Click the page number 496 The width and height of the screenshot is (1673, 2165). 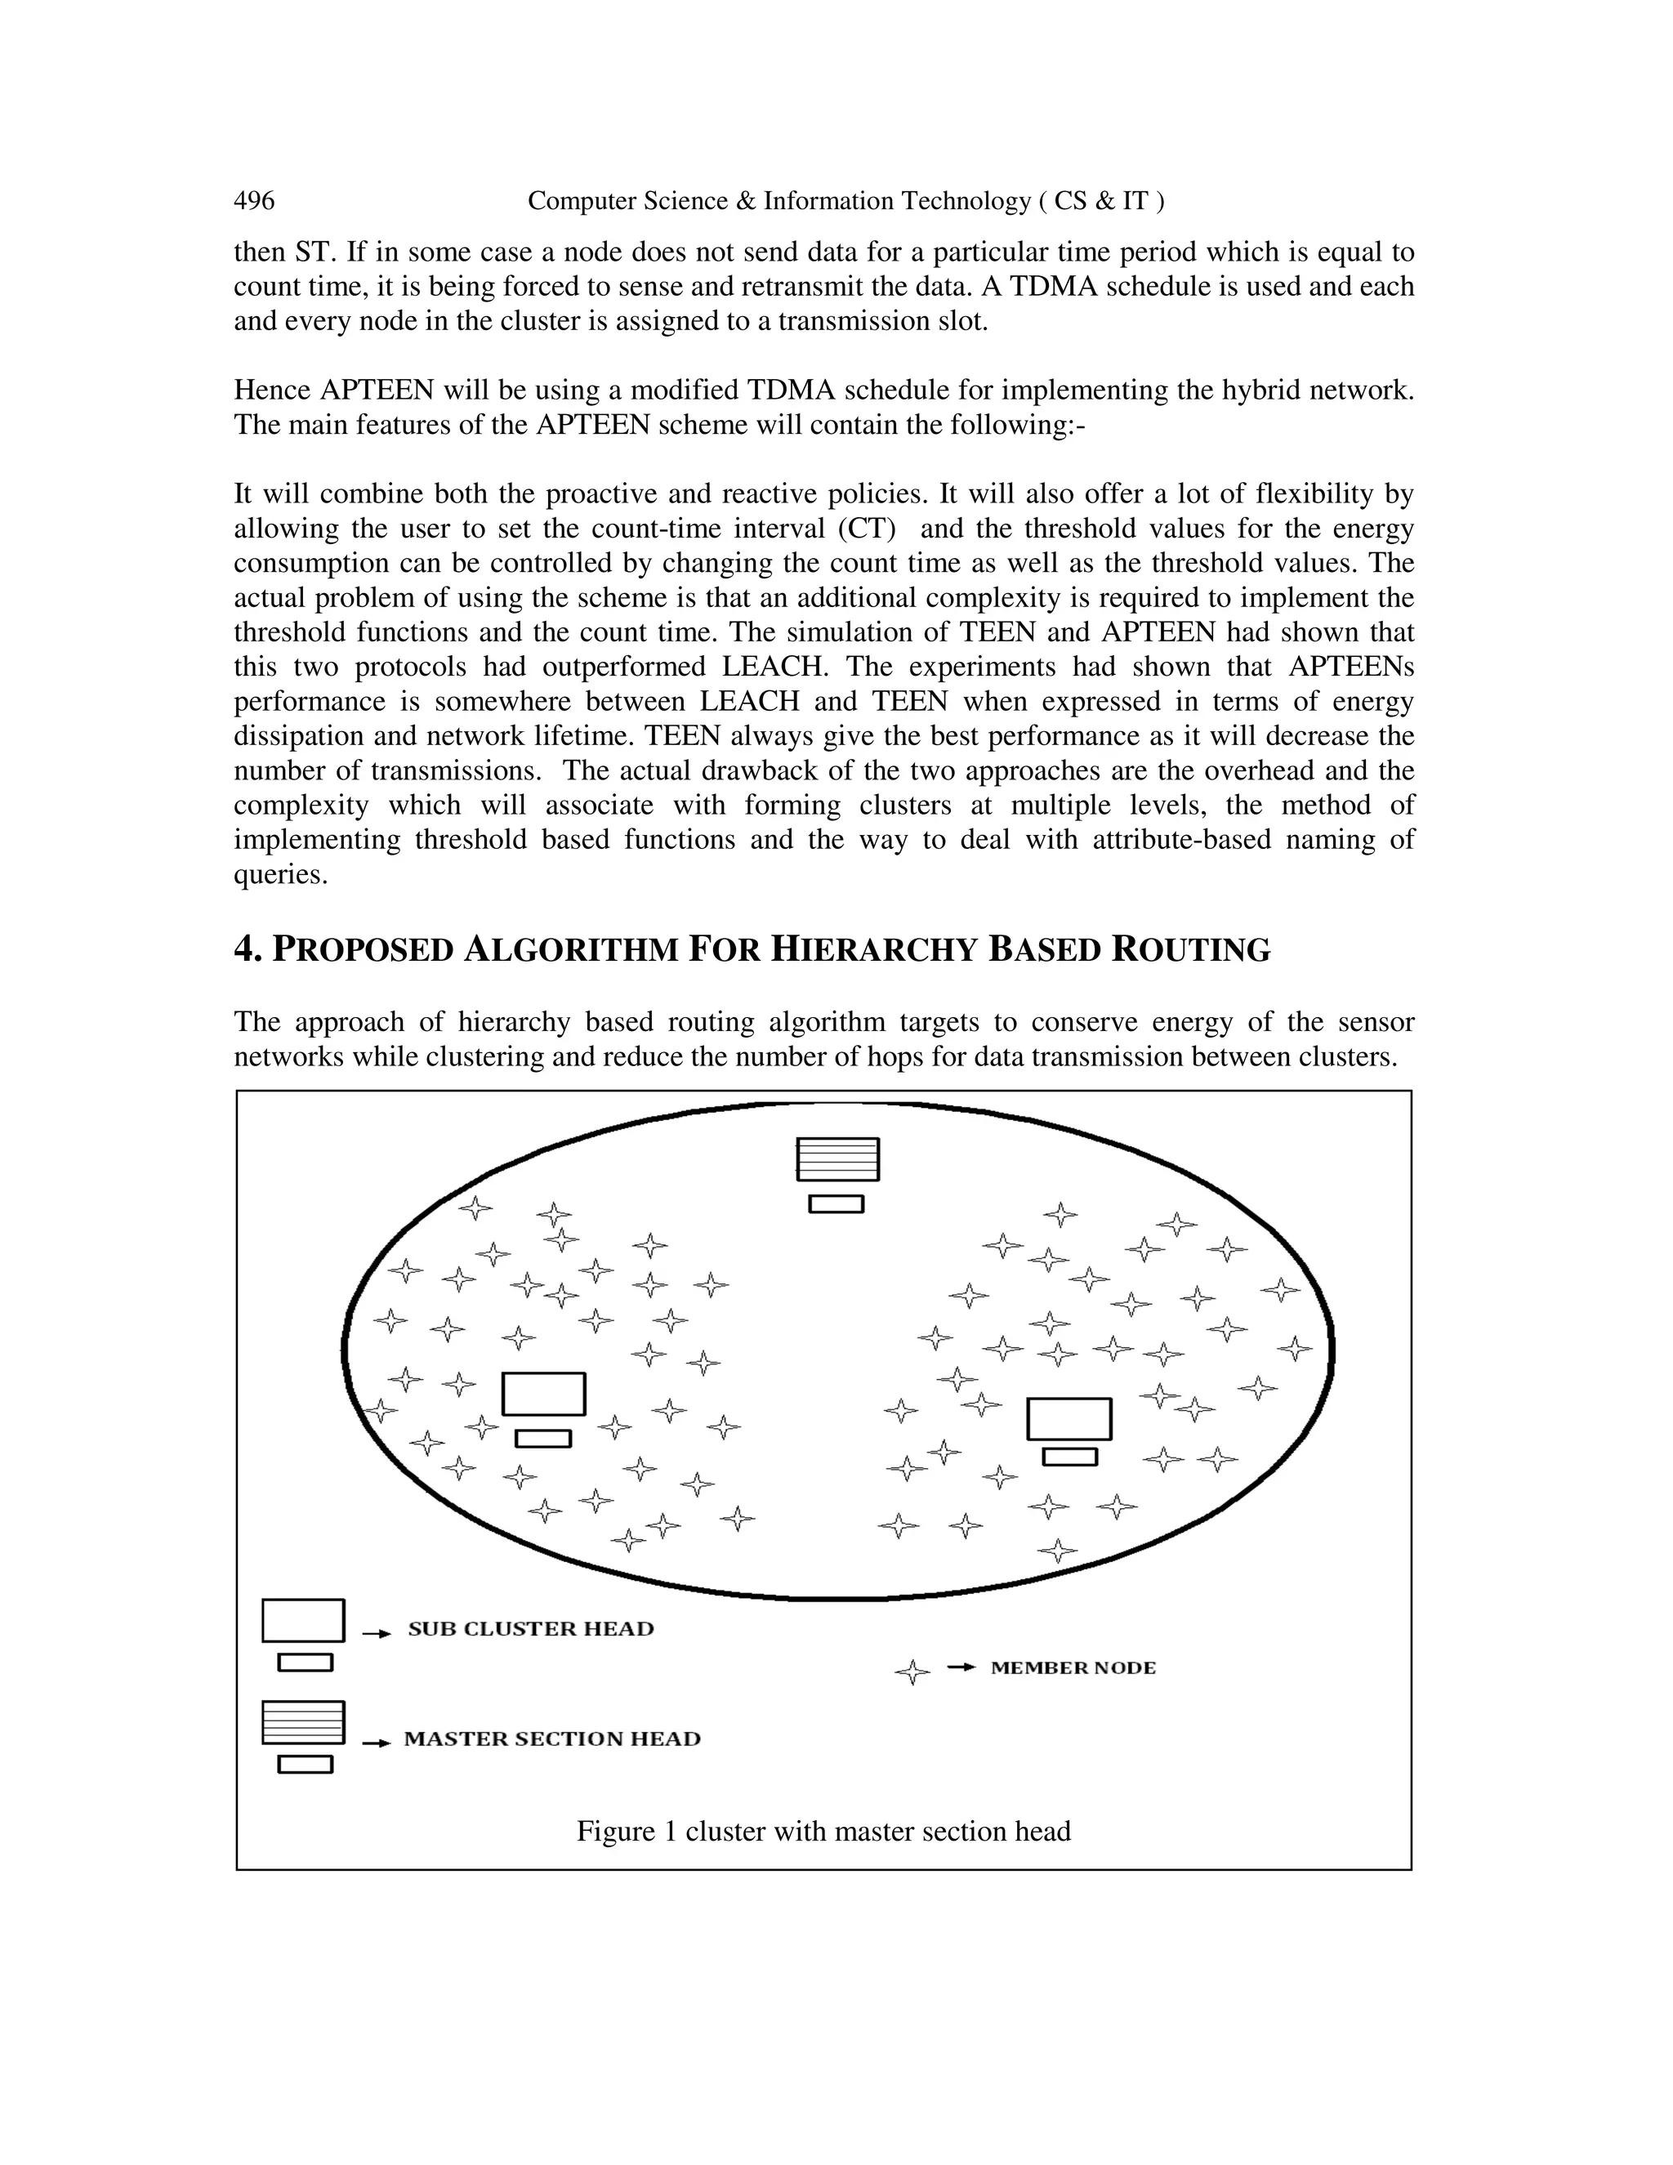(x=254, y=201)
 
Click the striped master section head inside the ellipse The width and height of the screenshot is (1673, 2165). (x=837, y=1158)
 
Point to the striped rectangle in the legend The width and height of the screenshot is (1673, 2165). (x=303, y=1722)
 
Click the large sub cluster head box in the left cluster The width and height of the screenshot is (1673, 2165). (x=543, y=1394)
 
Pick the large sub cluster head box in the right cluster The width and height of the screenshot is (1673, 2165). (x=1068, y=1418)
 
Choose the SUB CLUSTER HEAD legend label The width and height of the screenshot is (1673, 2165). (x=531, y=1629)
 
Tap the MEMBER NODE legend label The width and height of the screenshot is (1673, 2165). (x=1073, y=1667)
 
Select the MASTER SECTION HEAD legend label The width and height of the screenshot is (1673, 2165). (x=552, y=1739)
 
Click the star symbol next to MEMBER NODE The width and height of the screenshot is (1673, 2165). (x=912, y=1672)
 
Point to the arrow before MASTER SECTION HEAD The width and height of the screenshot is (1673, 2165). (x=376, y=1743)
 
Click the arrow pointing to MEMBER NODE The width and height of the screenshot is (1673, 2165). (x=961, y=1667)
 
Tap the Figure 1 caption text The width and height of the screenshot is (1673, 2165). (x=823, y=1831)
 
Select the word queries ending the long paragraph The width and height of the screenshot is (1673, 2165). (x=279, y=874)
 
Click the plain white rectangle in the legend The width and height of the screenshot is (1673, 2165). (x=303, y=1620)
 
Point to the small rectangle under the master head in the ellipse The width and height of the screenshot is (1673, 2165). (x=836, y=1203)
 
